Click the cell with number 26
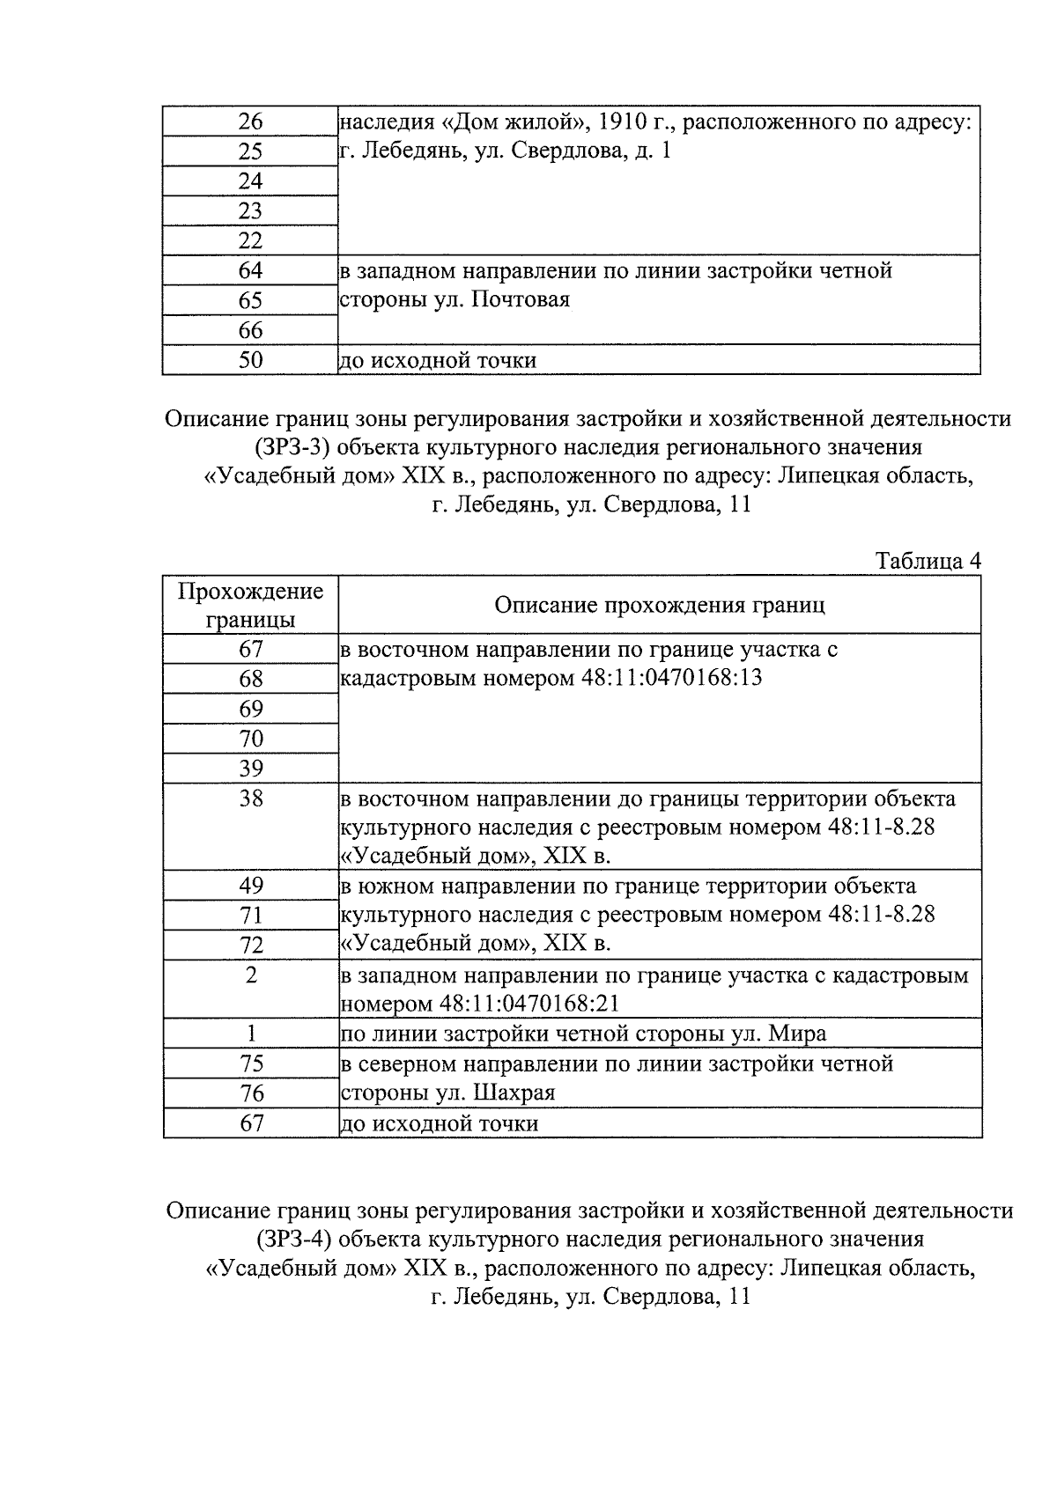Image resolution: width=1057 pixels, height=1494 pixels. [251, 121]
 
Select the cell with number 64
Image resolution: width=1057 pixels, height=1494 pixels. [251, 270]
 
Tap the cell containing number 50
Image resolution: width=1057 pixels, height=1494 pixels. [251, 360]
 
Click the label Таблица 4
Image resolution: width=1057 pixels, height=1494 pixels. [928, 561]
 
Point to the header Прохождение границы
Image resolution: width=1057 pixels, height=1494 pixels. [251, 605]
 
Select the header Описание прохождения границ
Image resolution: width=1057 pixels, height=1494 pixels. [659, 605]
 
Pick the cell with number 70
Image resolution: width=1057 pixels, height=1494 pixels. [251, 739]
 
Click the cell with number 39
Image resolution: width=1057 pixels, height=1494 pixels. [251, 769]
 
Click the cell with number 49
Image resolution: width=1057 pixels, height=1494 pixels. [251, 885]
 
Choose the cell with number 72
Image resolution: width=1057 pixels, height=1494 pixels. [251, 945]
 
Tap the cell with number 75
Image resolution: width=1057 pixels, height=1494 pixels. [251, 1063]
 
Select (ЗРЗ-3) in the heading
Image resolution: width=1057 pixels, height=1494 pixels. [293, 447]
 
